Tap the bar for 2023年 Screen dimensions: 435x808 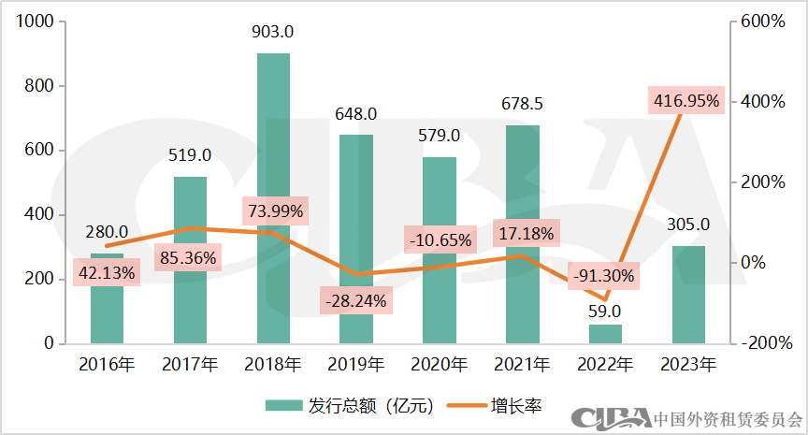688,295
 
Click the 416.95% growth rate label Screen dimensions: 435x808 685,101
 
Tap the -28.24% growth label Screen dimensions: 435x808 355,301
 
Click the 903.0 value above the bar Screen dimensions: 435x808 273,32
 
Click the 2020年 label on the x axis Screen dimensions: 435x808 439,364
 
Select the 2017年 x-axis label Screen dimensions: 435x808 190,364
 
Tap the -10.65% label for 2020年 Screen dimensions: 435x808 439,239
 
